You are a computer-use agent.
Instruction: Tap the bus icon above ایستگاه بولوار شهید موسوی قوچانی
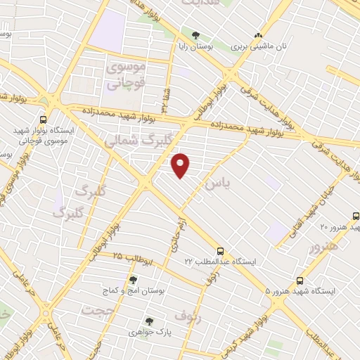point(44,120)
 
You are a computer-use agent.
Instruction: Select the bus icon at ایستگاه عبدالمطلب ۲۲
point(221,250)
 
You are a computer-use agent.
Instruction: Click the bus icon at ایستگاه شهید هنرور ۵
point(300,279)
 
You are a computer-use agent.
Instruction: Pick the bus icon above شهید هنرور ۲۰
point(355,217)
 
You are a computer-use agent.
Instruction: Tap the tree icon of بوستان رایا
point(195,35)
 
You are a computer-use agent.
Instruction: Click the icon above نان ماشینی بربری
point(259,34)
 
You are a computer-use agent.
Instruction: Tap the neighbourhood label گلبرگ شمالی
point(136,138)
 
